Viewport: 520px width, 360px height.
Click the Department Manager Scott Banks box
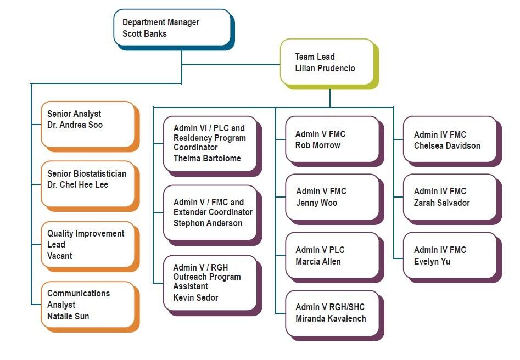(x=172, y=27)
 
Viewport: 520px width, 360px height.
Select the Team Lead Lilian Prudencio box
(x=327, y=62)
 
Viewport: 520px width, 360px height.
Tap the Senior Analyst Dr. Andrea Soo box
(x=87, y=124)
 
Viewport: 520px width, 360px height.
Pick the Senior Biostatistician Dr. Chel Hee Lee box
(x=87, y=184)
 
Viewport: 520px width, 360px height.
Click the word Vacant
(x=60, y=256)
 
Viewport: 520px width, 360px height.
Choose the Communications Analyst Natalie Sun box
(x=87, y=305)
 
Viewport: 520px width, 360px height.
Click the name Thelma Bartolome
(x=207, y=159)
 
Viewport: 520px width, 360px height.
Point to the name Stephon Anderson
(x=208, y=223)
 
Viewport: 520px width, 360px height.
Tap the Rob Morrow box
(x=332, y=139)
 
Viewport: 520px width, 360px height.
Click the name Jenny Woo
(x=317, y=203)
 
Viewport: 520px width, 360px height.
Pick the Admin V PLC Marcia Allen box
(x=332, y=255)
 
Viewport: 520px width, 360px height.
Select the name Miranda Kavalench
(x=331, y=319)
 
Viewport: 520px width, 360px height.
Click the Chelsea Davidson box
(x=450, y=139)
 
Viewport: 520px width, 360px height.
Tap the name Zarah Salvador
(x=442, y=203)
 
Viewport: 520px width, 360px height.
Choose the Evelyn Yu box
(x=450, y=255)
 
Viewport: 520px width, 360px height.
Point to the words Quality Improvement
(x=86, y=234)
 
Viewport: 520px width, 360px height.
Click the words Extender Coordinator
(x=213, y=212)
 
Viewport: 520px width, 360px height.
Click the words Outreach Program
(x=207, y=277)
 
